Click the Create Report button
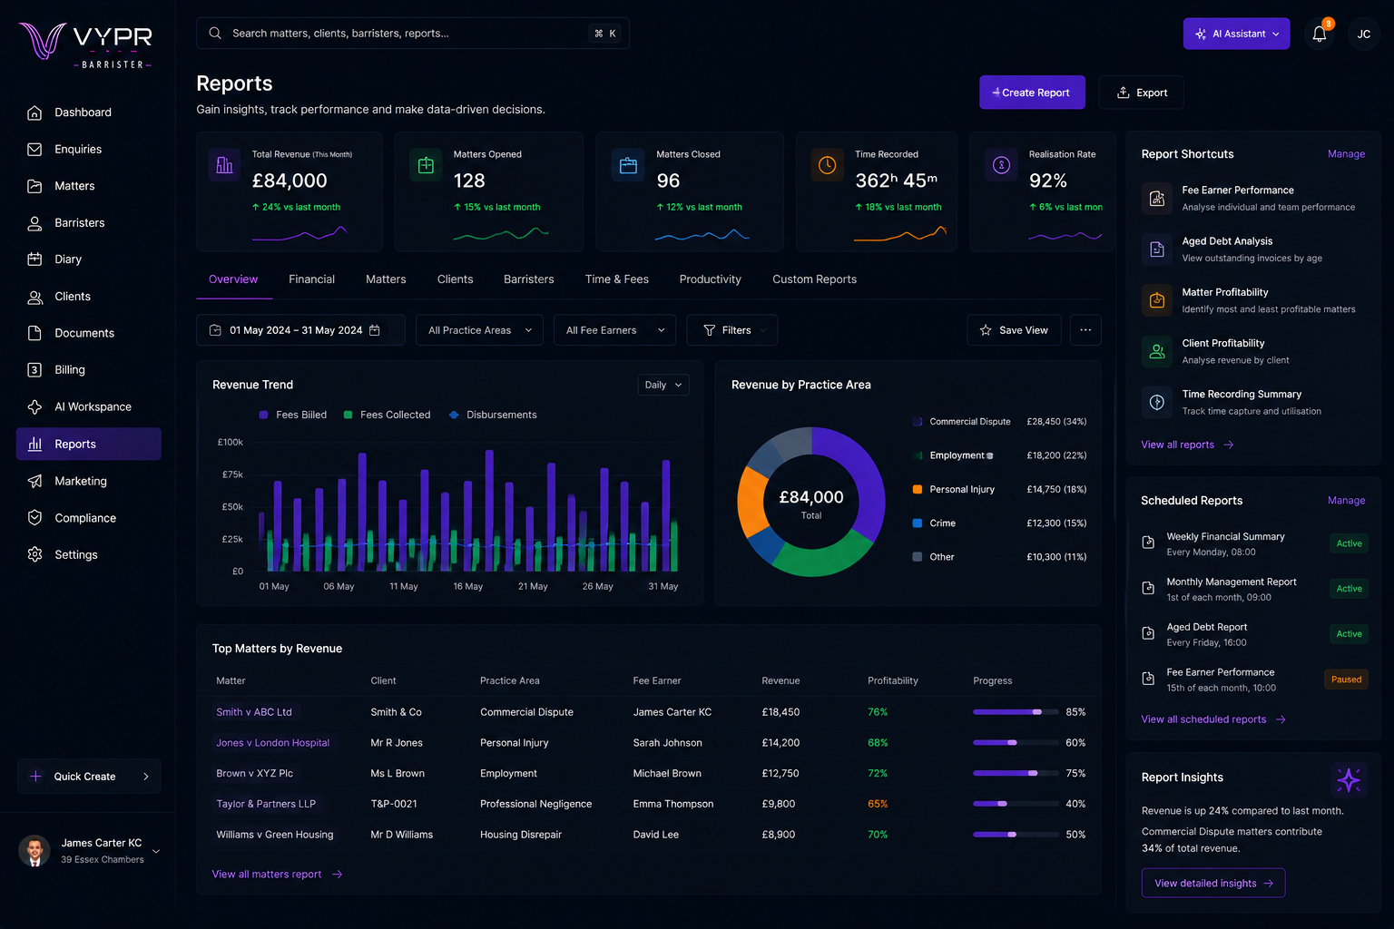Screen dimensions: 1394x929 click(1032, 93)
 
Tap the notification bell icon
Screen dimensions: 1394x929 click(1319, 34)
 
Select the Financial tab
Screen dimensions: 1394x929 click(311, 279)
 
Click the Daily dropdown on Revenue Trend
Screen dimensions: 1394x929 click(663, 385)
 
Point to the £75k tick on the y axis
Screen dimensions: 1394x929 click(232, 474)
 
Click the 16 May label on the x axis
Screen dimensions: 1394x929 click(468, 586)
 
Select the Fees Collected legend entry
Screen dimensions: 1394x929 click(388, 415)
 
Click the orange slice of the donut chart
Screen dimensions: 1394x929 click(752, 500)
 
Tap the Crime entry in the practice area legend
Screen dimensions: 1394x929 click(942, 523)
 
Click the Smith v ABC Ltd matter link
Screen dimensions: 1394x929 click(254, 712)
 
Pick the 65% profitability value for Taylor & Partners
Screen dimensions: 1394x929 click(878, 804)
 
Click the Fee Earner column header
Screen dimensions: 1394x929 click(656, 680)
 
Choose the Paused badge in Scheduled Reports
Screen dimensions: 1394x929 click(1346, 680)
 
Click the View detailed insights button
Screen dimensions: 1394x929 click(1212, 883)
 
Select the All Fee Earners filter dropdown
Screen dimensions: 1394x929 click(614, 330)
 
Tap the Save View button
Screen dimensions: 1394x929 click(1014, 330)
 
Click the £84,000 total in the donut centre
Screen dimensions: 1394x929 click(810, 496)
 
